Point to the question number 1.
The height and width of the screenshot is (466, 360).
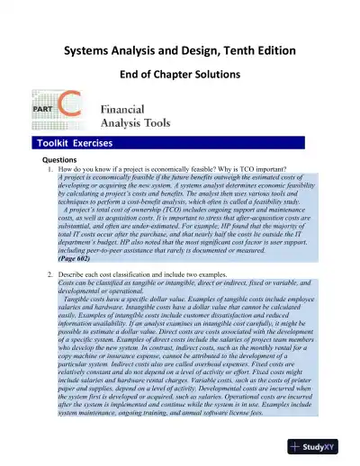pyautogui.click(x=46, y=168)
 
